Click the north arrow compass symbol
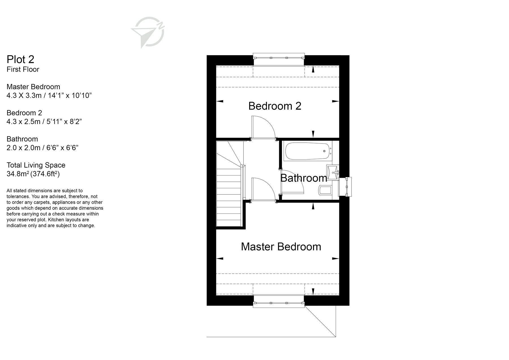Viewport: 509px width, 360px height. [x=148, y=32]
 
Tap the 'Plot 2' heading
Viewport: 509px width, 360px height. [x=20, y=59]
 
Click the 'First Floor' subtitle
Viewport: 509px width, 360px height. [x=23, y=69]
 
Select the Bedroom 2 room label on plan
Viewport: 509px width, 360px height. [x=275, y=106]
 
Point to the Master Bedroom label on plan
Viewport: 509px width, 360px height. [x=281, y=247]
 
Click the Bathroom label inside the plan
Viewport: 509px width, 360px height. [x=303, y=178]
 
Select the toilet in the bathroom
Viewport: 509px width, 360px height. [x=325, y=190]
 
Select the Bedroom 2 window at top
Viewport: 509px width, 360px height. [x=279, y=58]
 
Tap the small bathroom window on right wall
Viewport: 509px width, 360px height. [x=346, y=187]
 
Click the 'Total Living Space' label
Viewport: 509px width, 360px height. [x=36, y=165]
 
